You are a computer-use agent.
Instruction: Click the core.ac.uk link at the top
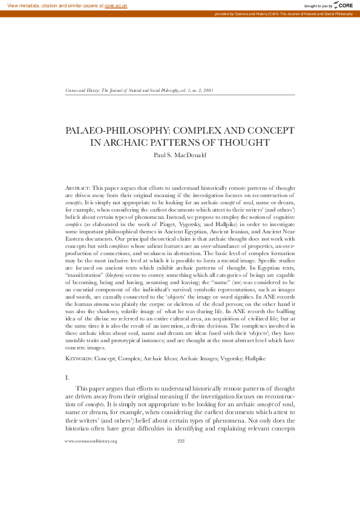click(x=117, y=5)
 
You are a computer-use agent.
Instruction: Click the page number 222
click(x=180, y=475)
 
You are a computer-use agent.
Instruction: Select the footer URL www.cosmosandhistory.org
click(x=91, y=475)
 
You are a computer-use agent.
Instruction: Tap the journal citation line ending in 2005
click(x=139, y=89)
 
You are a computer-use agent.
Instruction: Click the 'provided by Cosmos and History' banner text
click(x=284, y=13)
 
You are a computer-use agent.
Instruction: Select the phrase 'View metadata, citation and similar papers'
click(x=51, y=5)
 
